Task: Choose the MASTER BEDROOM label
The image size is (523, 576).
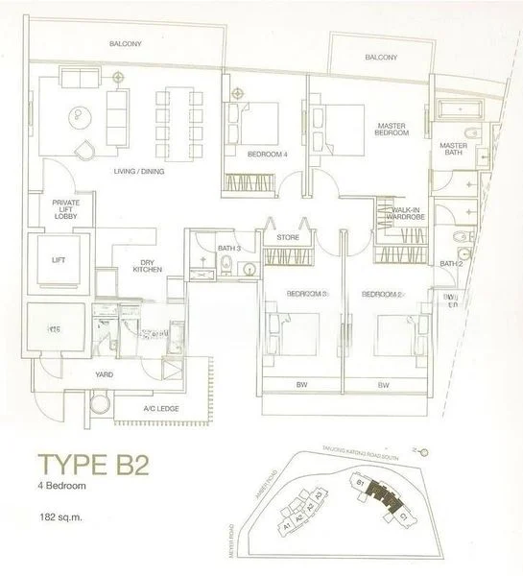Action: (393, 130)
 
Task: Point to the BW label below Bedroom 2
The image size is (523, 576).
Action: (382, 385)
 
